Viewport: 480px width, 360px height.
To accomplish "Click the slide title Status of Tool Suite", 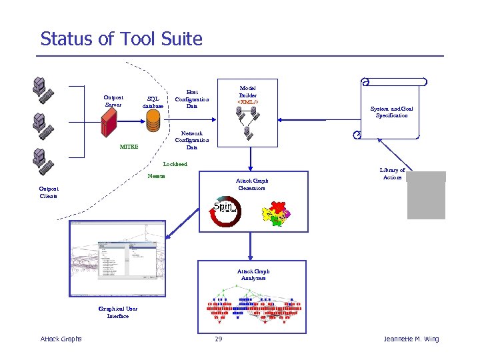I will tap(121, 39).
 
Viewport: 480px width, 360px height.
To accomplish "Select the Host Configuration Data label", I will tap(191, 99).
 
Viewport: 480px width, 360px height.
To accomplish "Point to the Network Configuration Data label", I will tap(191, 139).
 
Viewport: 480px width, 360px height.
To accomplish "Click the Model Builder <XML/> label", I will tap(247, 95).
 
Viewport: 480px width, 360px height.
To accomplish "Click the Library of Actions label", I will tap(392, 173).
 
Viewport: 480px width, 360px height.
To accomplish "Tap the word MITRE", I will tap(129, 147).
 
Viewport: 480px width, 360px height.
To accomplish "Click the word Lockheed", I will tap(175, 163).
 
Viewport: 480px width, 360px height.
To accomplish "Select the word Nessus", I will tap(157, 176).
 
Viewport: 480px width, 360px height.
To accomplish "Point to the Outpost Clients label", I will tap(48, 193).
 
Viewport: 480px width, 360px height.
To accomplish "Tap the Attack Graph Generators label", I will tap(251, 184).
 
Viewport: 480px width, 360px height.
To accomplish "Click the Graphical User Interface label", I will tap(117, 312).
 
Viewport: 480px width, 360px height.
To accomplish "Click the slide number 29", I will tap(218, 339).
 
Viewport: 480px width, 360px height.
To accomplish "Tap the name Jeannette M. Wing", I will tap(411, 339).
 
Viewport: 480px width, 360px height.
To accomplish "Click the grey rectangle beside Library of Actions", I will tap(426, 195).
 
